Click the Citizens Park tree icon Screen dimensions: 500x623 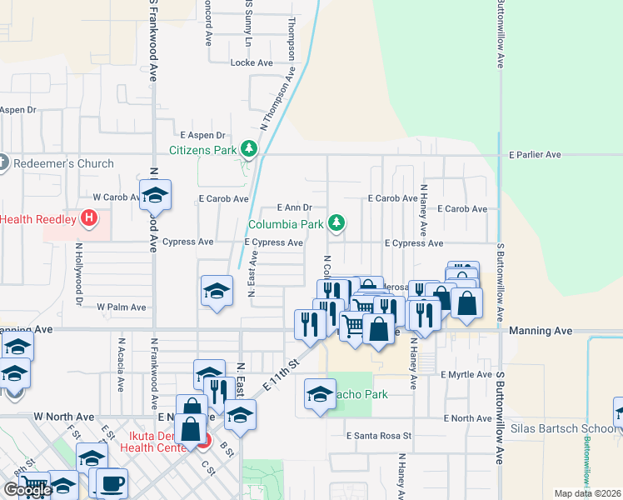247,150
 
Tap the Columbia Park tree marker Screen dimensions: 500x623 336,223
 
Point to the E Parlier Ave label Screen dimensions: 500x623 535,155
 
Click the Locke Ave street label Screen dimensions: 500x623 252,62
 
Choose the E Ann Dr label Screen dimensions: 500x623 294,207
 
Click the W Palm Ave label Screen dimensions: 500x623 122,307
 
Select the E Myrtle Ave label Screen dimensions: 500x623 467,375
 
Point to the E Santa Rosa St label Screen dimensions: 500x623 380,436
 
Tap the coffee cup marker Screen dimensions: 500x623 112,482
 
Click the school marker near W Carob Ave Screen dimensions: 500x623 155,196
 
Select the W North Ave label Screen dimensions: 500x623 64,416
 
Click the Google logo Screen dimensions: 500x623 27,490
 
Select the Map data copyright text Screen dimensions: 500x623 588,493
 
